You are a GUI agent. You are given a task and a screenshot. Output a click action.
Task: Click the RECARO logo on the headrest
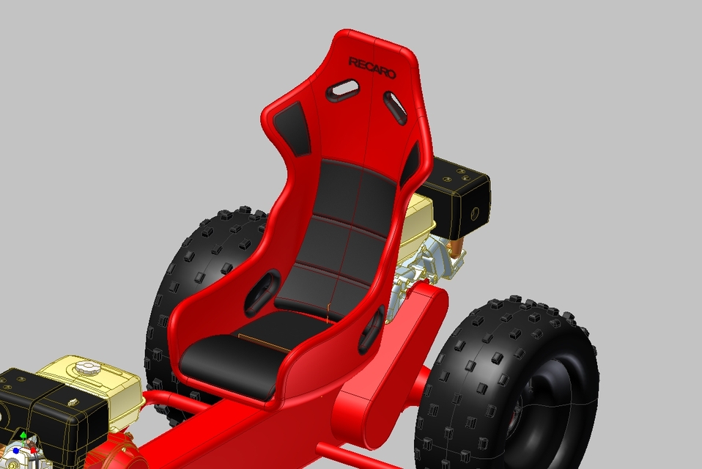(x=372, y=67)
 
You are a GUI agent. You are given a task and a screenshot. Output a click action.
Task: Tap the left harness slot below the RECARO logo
(x=342, y=90)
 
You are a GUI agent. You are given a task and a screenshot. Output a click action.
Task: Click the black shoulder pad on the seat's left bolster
(x=292, y=127)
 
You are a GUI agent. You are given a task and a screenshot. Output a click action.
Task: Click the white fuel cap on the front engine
(x=86, y=366)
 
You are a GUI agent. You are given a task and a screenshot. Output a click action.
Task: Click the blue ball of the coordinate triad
(x=15, y=451)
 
